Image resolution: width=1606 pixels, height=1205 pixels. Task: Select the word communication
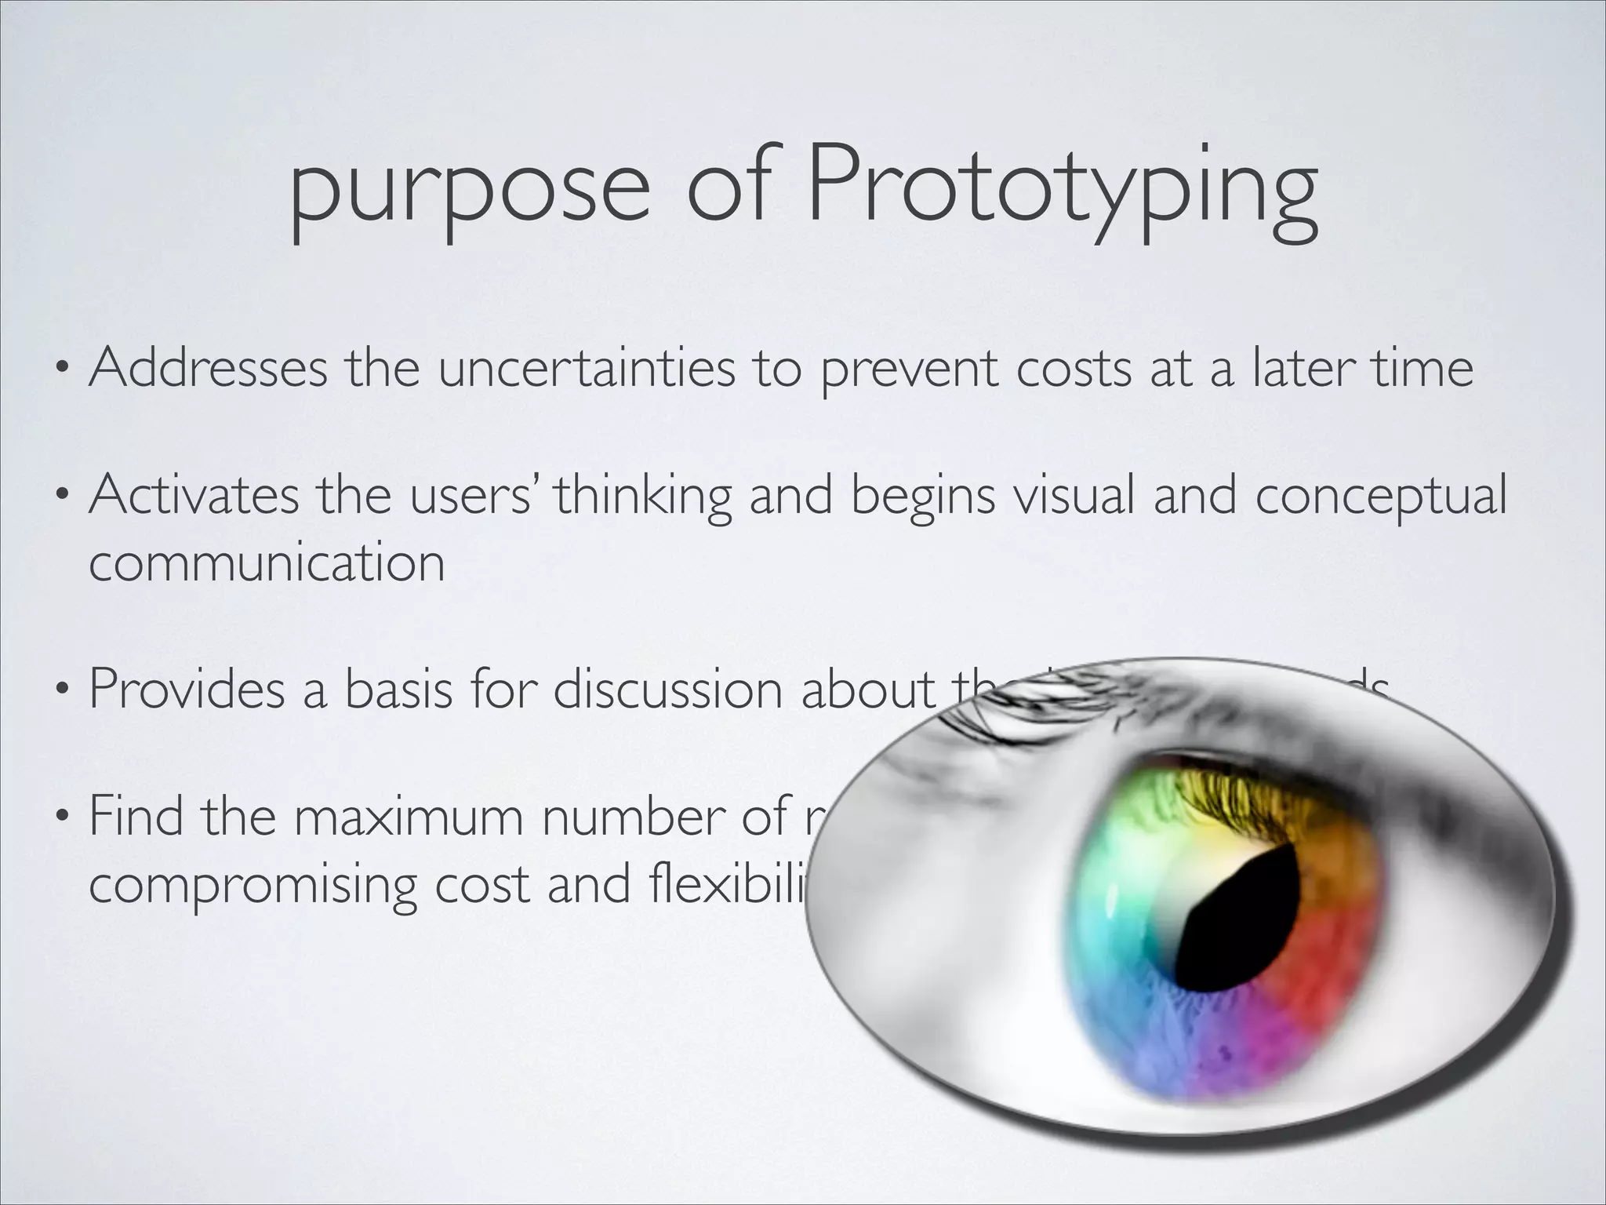coord(267,562)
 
